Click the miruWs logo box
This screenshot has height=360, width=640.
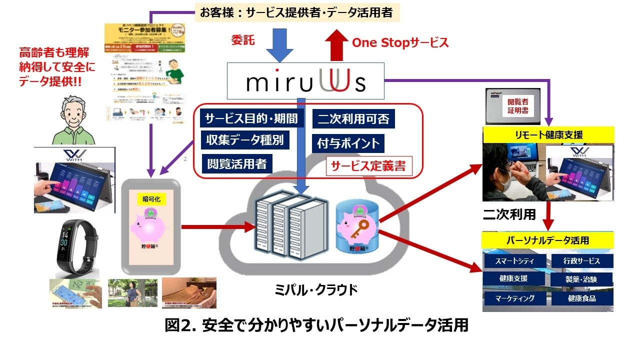pos(306,81)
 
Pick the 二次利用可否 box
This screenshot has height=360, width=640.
pos(353,119)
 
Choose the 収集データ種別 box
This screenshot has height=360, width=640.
pos(245,140)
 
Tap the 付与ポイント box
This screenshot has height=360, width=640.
pos(348,144)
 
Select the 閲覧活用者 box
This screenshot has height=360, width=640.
pos(237,163)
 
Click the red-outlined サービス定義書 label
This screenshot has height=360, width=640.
pos(369,166)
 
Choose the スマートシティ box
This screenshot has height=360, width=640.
pos(515,261)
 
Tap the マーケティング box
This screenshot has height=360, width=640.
pos(515,298)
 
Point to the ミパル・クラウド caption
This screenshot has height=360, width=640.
pos(317,290)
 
